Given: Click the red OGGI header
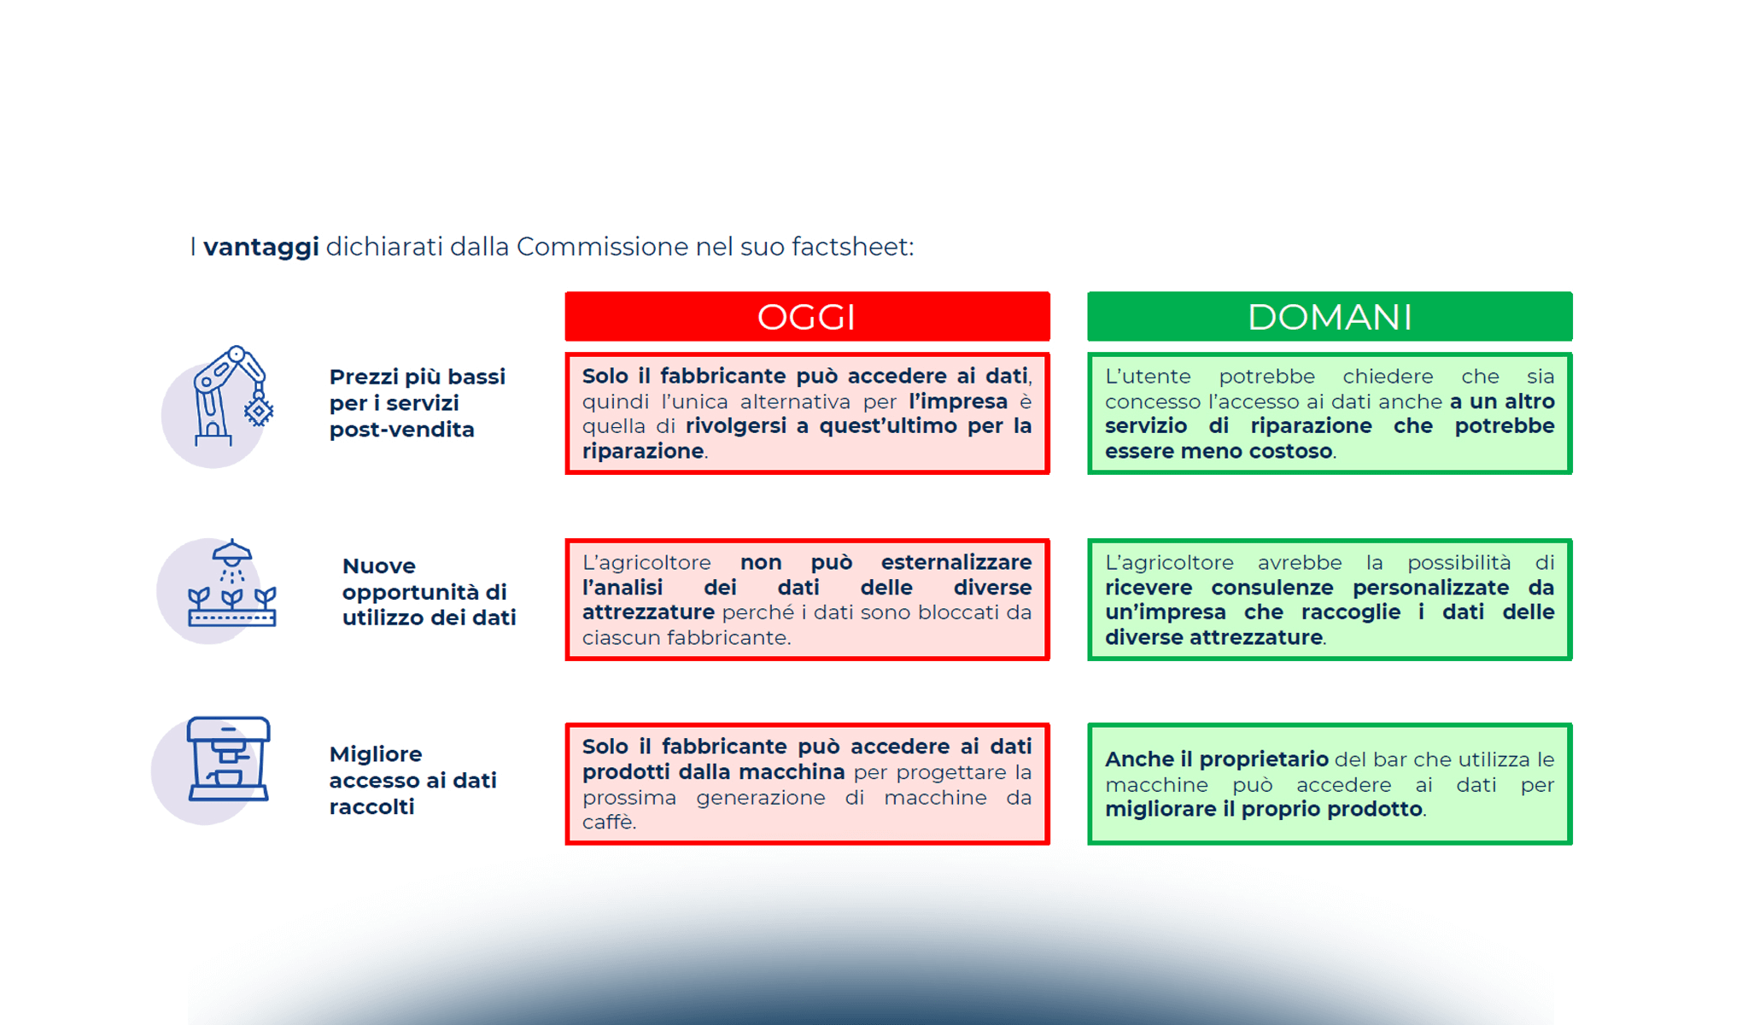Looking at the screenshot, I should click(807, 317).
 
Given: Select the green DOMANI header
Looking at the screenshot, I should click(1330, 317).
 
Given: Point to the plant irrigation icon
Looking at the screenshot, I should click(231, 585).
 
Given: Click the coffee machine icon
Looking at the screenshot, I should click(228, 759).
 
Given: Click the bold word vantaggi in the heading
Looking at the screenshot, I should click(261, 247).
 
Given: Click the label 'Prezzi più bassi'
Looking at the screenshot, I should click(418, 377).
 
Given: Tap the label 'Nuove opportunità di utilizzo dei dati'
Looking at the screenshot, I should click(429, 591).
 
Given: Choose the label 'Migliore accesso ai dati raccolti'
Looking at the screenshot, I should click(412, 780).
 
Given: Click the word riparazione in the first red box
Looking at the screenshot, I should click(643, 451).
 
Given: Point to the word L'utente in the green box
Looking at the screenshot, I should click(1148, 377).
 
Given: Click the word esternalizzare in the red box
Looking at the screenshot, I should click(956, 563).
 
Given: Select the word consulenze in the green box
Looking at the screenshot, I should click(1271, 588).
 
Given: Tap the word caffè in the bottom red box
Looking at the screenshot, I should click(608, 823).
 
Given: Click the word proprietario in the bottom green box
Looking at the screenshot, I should click(1264, 759).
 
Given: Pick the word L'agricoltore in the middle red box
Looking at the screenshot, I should click(646, 563).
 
